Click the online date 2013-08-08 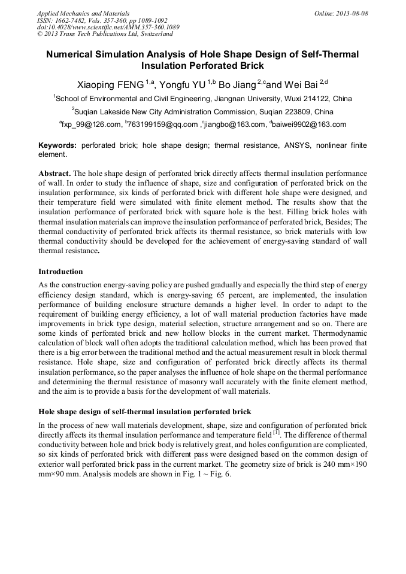click(x=352, y=13)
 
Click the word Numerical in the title click(x=71, y=54)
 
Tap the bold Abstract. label click(x=54, y=171)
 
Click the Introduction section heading click(x=60, y=271)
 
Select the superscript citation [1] click(x=276, y=431)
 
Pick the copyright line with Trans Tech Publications click(x=105, y=34)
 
